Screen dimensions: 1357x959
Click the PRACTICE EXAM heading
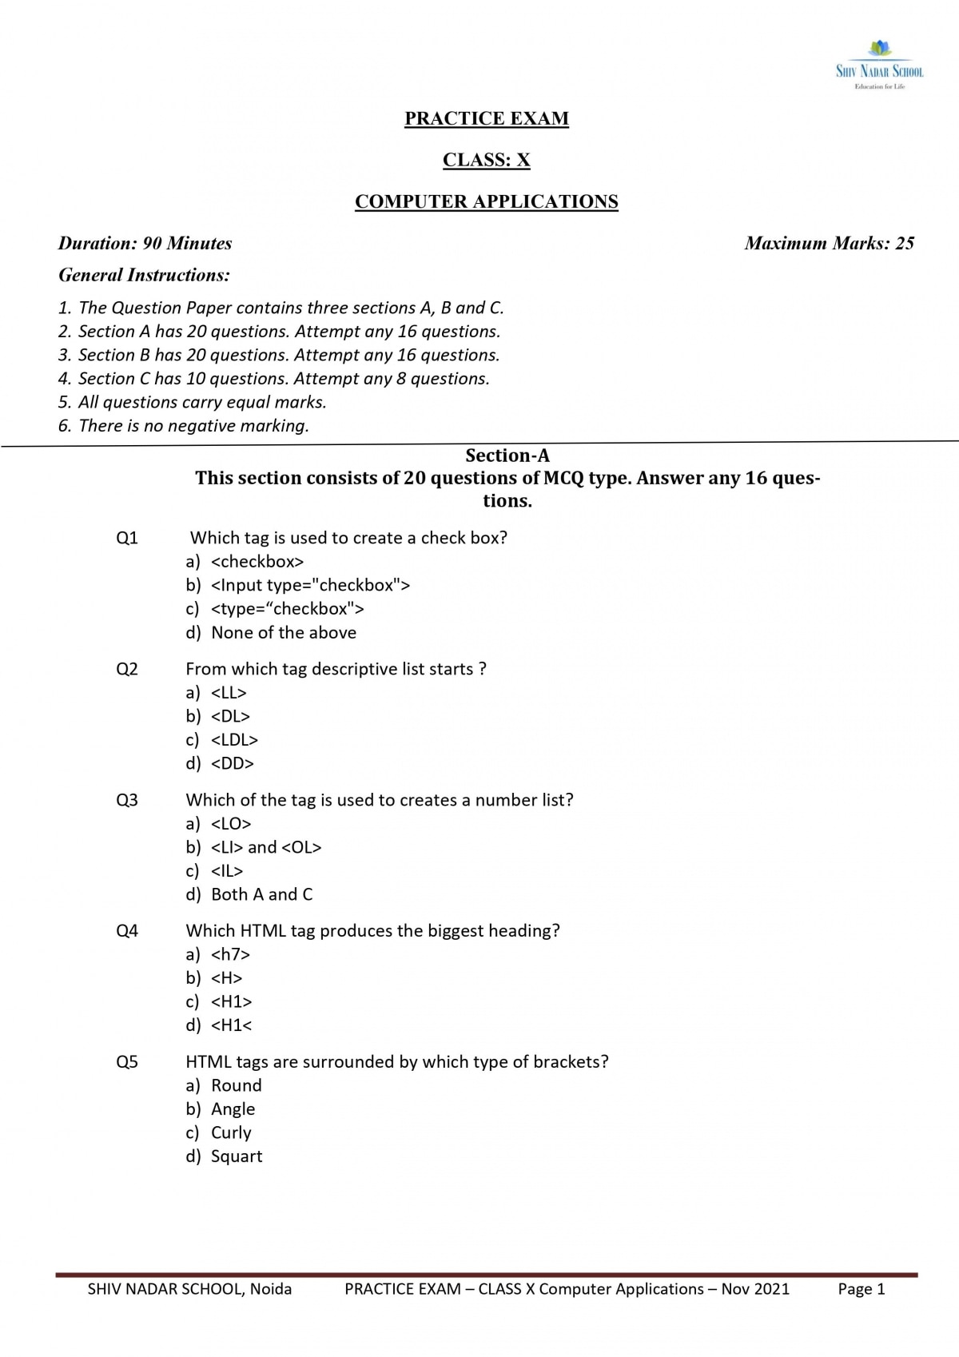click(487, 118)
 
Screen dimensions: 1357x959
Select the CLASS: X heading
click(487, 160)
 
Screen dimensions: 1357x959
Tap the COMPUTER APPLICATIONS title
click(487, 201)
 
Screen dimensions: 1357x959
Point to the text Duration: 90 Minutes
click(145, 243)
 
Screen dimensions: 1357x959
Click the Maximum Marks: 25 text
click(829, 243)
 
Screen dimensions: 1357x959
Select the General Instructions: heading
click(144, 275)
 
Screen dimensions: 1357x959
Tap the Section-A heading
click(507, 456)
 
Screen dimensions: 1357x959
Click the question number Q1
click(127, 538)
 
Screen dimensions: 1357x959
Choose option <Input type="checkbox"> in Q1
click(310, 585)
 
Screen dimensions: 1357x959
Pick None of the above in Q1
click(284, 632)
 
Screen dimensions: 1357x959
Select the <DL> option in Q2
click(230, 716)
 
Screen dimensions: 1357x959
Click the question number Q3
click(127, 800)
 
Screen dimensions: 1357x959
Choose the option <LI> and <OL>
click(266, 847)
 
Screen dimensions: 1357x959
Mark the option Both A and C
click(261, 894)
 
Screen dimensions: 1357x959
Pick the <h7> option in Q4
click(230, 954)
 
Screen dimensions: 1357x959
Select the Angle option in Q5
click(233, 1109)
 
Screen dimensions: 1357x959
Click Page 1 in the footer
click(861, 1289)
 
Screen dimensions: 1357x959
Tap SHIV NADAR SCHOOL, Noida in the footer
click(189, 1289)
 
